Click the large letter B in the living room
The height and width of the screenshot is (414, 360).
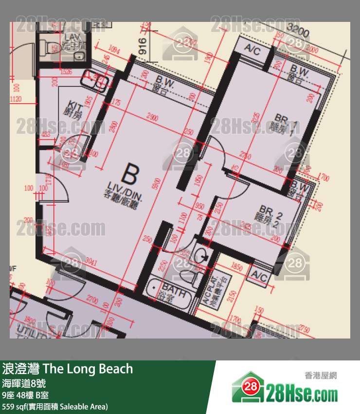[131, 173]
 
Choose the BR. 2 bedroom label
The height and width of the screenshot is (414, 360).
[269, 214]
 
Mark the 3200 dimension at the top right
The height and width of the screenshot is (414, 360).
[298, 33]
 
